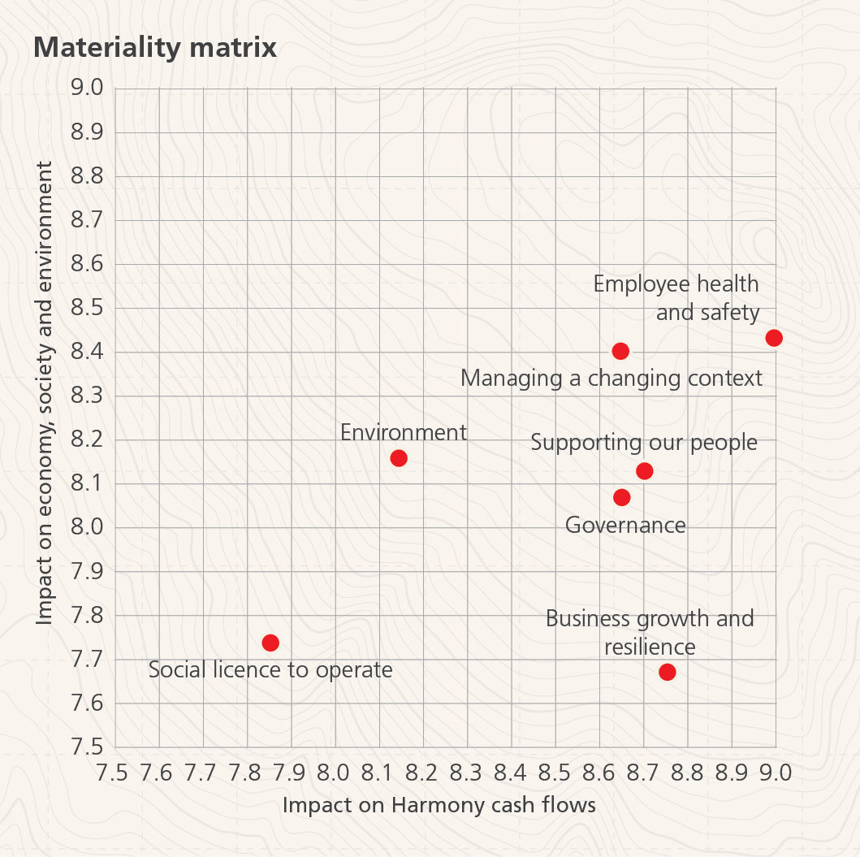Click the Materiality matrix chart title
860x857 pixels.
(155, 47)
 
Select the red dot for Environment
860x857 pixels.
(399, 458)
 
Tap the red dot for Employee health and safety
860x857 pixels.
(774, 338)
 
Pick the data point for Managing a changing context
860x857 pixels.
(620, 351)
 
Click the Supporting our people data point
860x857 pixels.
(645, 471)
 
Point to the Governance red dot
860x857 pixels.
(622, 497)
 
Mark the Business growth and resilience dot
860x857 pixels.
(668, 672)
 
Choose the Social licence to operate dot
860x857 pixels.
(270, 643)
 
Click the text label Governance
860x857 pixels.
(625, 525)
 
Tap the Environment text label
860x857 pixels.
(404, 432)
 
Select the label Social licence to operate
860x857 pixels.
(270, 670)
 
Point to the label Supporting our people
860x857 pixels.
(644, 443)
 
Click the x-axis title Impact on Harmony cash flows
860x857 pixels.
(439, 805)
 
